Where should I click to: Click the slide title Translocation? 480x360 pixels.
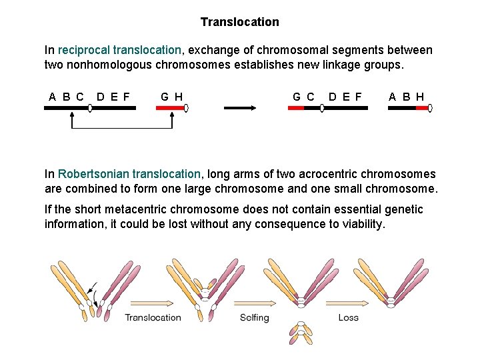pyautogui.click(x=240, y=22)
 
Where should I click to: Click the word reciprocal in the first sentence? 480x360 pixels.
pyautogui.click(x=85, y=50)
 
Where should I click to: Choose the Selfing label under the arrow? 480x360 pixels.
pyautogui.click(x=255, y=317)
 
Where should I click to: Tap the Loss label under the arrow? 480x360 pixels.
pyautogui.click(x=348, y=317)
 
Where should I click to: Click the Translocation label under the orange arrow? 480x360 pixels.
pyautogui.click(x=153, y=317)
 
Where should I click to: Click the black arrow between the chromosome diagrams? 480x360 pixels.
pyautogui.click(x=240, y=107)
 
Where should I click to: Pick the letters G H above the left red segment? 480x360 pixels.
pyautogui.click(x=172, y=96)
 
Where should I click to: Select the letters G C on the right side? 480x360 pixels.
pyautogui.click(x=303, y=96)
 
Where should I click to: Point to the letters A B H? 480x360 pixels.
pyautogui.click(x=407, y=96)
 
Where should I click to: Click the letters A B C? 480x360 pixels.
pyautogui.click(x=67, y=96)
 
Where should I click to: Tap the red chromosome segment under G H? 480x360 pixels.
pyautogui.click(x=169, y=107)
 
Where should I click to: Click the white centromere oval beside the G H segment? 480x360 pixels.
pyautogui.click(x=187, y=107)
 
